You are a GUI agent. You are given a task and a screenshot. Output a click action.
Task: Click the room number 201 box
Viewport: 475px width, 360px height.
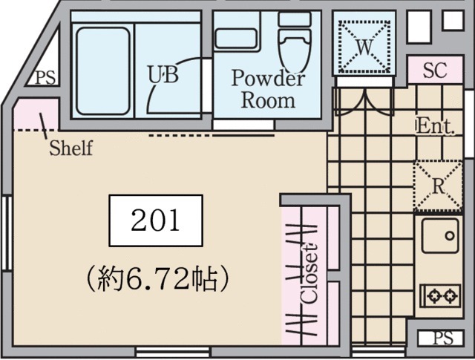156,220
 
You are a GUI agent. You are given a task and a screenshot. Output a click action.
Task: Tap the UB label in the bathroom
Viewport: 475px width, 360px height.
163,74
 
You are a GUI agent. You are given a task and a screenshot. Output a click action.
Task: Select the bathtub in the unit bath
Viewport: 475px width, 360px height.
103,71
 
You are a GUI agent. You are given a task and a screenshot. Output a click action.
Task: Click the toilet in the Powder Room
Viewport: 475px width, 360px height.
294,41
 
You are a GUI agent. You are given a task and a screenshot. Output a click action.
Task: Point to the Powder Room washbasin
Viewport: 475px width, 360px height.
236,39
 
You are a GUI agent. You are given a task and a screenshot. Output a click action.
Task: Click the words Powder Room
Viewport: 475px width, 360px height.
268,89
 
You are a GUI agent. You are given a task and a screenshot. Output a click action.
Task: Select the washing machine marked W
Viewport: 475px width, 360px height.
364,47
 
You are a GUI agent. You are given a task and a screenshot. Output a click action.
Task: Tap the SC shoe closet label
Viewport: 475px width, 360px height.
435,71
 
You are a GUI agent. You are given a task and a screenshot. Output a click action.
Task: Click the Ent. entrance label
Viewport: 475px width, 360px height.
436,127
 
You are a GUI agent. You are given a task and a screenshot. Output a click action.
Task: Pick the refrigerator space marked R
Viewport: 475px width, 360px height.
438,186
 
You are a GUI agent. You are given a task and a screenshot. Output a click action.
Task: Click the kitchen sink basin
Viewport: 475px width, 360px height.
440,236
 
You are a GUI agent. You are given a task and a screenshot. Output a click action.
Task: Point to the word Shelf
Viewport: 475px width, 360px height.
71,148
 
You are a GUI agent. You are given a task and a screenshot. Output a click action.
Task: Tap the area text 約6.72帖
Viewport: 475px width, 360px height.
157,278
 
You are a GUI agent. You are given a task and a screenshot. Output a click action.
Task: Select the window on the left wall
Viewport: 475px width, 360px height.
7,233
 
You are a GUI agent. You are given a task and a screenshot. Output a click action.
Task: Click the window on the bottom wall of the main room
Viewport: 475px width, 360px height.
172,352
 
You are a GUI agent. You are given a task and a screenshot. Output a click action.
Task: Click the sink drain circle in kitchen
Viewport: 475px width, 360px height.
450,236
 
